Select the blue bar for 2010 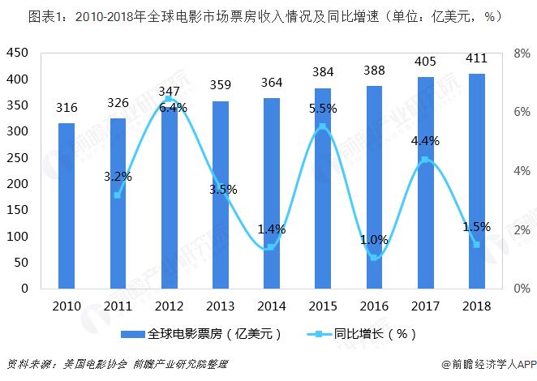click(66, 206)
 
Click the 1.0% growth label click(374, 239)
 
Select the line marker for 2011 click(117, 195)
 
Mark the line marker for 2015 click(323, 126)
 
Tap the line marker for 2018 click(476, 244)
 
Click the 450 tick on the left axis click(17, 53)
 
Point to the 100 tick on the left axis click(17, 236)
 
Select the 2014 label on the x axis click(271, 306)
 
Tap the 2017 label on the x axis click(425, 306)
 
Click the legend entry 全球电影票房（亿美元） click(204, 334)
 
